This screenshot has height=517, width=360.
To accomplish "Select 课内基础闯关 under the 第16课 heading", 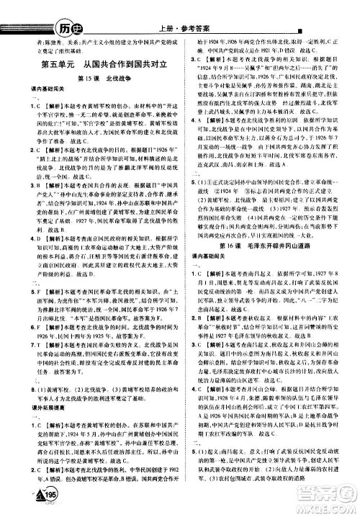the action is (204, 257).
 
